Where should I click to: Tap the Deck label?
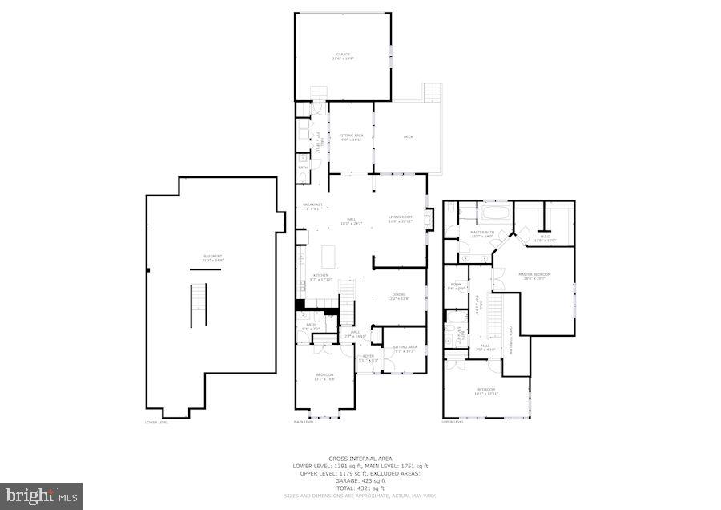[x=407, y=137]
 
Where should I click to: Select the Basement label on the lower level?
[x=212, y=257]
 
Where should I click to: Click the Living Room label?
[x=400, y=219]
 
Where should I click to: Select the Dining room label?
[x=398, y=297]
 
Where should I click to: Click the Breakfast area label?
[x=312, y=205]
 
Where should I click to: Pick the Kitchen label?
[x=320, y=277]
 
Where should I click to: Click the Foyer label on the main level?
[x=367, y=358]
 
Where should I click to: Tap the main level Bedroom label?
[x=324, y=377]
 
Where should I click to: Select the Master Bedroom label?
[x=534, y=277]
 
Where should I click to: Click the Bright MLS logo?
[x=42, y=496]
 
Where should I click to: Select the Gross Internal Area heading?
[x=360, y=459]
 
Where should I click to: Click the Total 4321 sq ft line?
[x=360, y=488]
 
